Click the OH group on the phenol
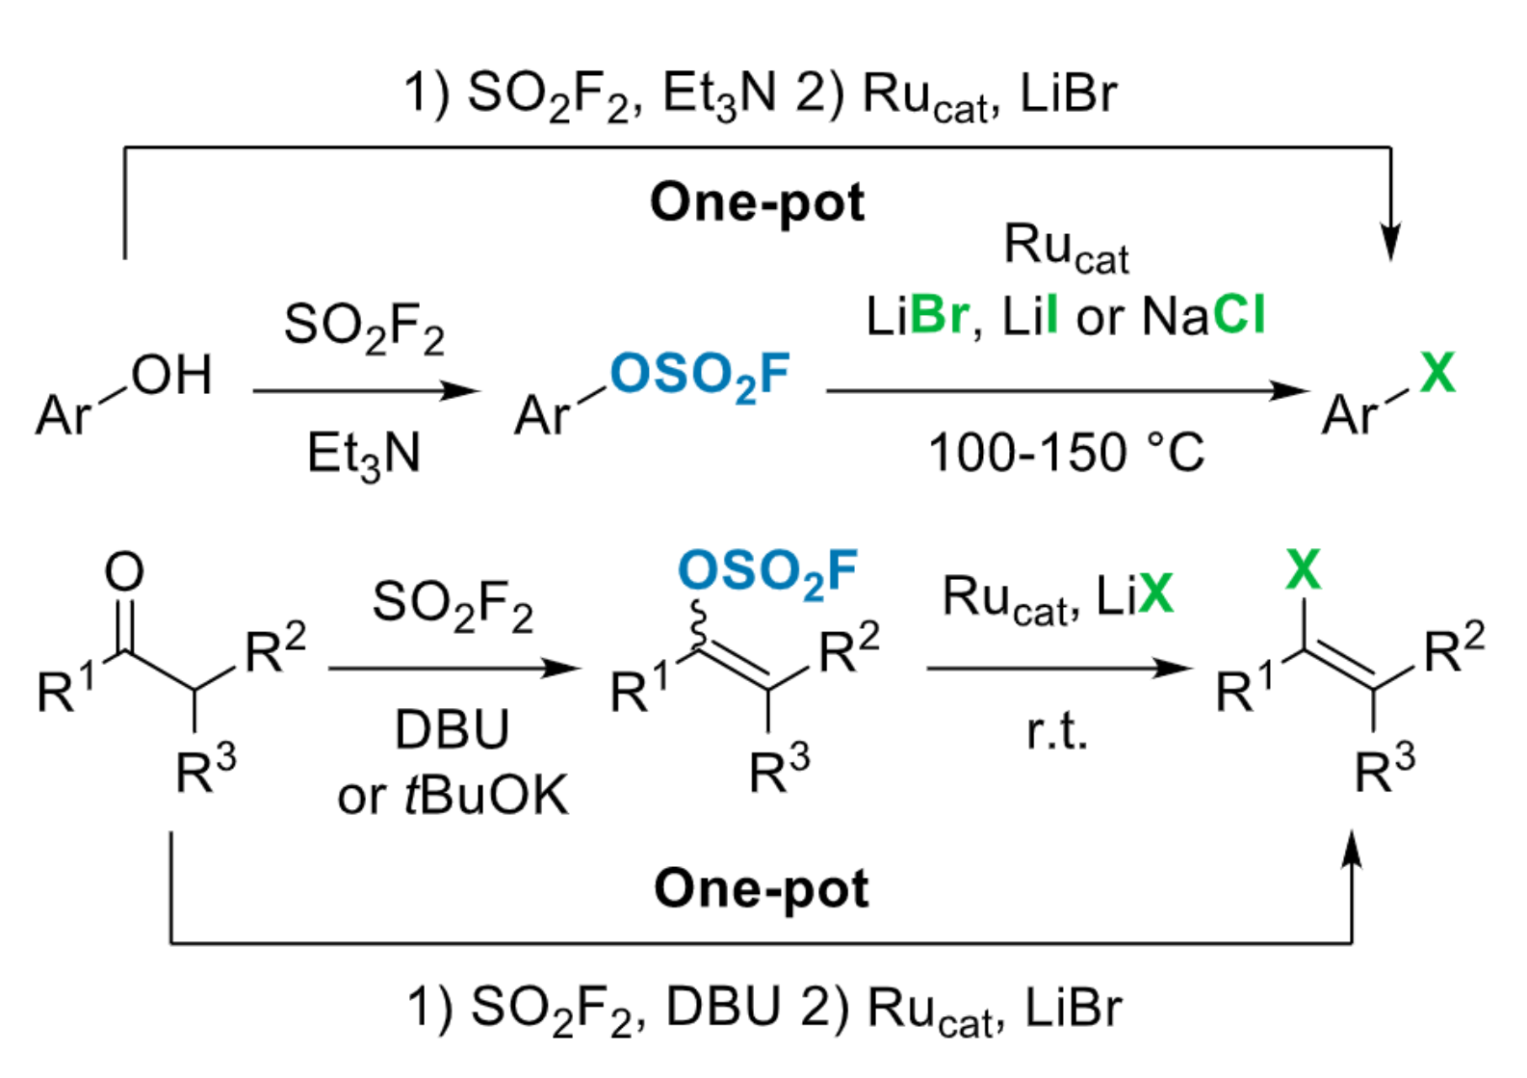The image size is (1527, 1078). (171, 375)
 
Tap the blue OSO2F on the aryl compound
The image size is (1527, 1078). (699, 376)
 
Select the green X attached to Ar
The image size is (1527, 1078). (1437, 372)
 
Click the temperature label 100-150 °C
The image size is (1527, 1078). (1066, 453)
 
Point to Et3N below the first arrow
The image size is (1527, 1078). (363, 455)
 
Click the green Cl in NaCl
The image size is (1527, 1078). (1239, 315)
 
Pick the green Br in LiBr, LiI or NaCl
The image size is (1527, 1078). (939, 315)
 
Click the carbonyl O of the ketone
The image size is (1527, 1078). (124, 571)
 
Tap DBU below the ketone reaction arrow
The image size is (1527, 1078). (452, 729)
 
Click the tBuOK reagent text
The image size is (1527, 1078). (485, 796)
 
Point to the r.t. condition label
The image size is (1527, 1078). (1056, 732)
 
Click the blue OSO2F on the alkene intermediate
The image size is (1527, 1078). (767, 572)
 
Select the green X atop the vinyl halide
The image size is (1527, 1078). (1303, 569)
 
